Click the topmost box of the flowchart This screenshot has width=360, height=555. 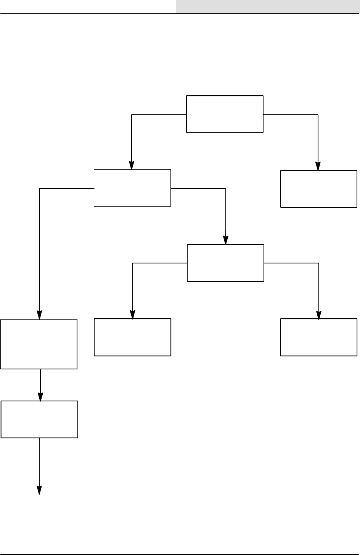pyautogui.click(x=225, y=114)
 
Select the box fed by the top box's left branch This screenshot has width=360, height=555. pyautogui.click(x=132, y=188)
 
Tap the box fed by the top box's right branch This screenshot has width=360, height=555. pyautogui.click(x=319, y=189)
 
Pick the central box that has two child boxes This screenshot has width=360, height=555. pyautogui.click(x=225, y=263)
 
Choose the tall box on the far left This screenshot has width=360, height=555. pyautogui.click(x=39, y=344)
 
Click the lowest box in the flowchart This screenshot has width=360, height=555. pyautogui.click(x=40, y=419)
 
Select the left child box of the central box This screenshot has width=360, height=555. pyautogui.click(x=132, y=337)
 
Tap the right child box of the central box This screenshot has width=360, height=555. pyautogui.click(x=319, y=337)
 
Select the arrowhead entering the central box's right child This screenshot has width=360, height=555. pyautogui.click(x=319, y=315)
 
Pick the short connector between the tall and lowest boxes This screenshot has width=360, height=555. pyautogui.click(x=40, y=381)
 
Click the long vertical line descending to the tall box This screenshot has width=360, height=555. pyautogui.click(x=40, y=248)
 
